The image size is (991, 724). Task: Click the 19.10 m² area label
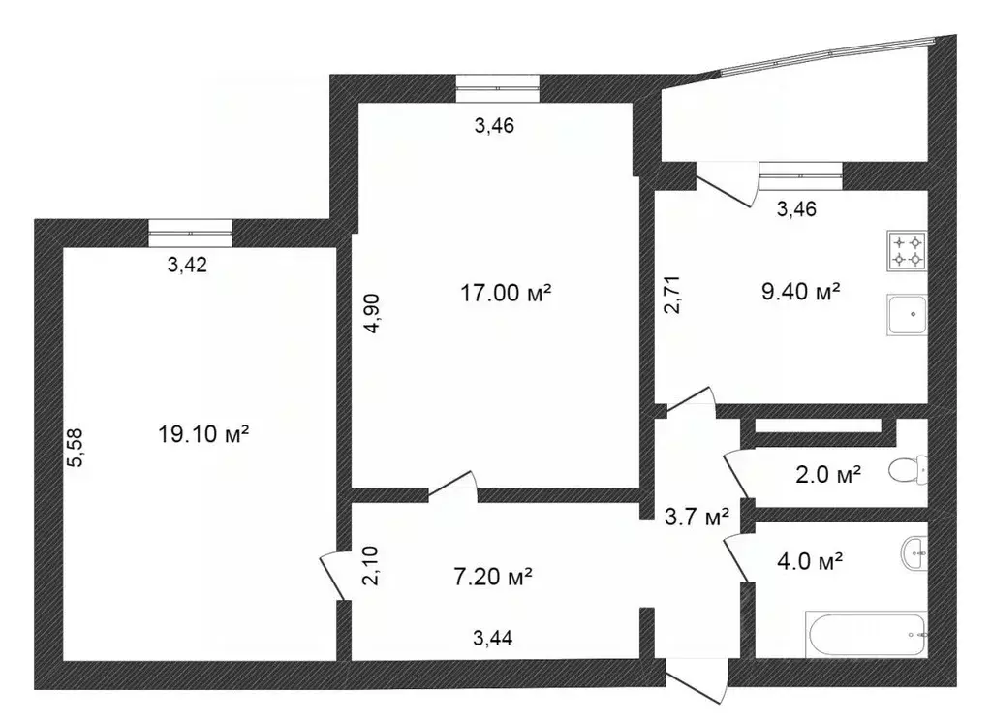203,435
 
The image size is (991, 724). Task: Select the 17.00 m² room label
506,292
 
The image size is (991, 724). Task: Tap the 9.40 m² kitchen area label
800,290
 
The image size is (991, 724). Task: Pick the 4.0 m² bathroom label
810,560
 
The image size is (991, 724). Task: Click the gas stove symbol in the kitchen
908,251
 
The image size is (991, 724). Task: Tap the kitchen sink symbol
907,315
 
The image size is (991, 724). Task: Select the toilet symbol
909,472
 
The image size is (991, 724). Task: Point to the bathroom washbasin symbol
914,553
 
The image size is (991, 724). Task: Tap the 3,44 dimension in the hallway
493,638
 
